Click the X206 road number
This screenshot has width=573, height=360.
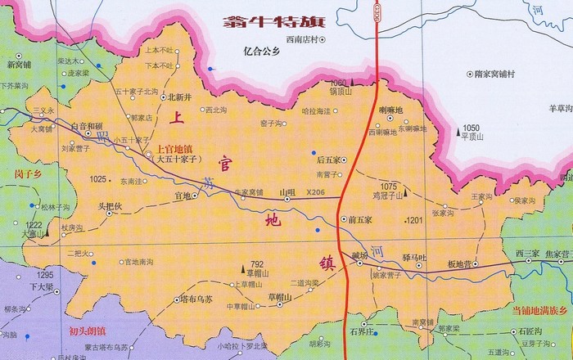click(x=315, y=192)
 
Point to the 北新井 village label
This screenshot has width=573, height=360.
click(x=180, y=97)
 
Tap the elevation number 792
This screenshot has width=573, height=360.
click(x=258, y=263)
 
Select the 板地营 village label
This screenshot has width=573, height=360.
click(x=461, y=263)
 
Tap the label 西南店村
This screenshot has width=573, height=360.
click(x=300, y=38)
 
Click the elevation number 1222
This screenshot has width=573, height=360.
click(x=34, y=224)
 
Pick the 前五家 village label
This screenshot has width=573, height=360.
click(x=360, y=219)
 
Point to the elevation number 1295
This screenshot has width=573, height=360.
click(x=44, y=275)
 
